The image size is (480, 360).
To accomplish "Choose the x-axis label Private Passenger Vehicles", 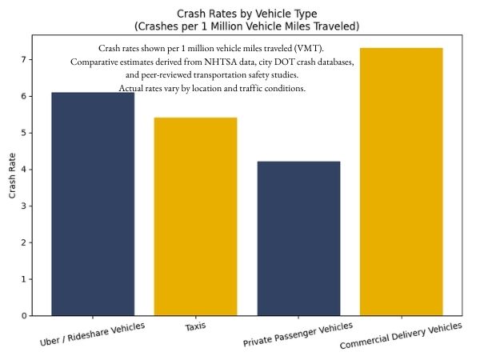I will (x=298, y=335).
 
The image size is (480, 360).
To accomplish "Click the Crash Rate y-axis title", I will (x=12, y=175).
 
